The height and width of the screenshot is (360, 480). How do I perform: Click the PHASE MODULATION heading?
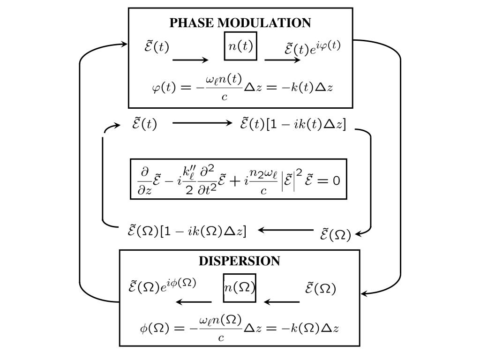tap(240, 22)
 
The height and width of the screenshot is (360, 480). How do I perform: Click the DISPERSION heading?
tap(240, 261)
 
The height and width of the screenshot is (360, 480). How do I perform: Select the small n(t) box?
tap(240, 46)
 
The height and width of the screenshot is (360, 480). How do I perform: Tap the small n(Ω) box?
tap(239, 288)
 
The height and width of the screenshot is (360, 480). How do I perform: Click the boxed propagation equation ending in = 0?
tap(239, 179)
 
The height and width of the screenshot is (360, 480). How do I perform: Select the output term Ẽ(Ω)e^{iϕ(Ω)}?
tap(162, 285)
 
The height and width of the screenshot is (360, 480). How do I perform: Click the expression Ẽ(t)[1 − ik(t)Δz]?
tap(293, 125)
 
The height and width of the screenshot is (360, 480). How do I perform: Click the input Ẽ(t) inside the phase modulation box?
tap(157, 47)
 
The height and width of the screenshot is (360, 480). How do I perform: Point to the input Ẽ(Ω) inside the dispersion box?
tap(321, 288)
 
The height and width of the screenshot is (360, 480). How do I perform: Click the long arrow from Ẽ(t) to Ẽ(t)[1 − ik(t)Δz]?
tap(202, 123)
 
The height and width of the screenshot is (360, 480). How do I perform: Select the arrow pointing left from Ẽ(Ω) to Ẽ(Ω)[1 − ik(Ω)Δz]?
tap(285, 230)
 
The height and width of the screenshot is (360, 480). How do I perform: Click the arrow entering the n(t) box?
tap(190, 60)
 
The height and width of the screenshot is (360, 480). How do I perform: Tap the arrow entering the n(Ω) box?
tap(282, 302)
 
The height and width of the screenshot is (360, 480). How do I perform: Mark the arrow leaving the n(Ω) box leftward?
tap(193, 302)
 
